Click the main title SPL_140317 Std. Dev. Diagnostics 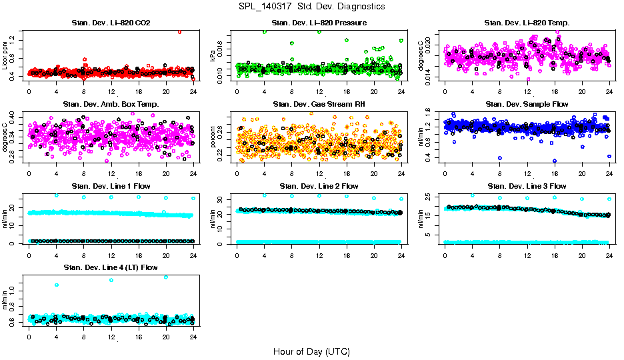[x=311, y=7]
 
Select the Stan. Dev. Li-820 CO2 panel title [x=111, y=23]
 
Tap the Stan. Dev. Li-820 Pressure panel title [x=319, y=23]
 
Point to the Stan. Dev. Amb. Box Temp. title [x=111, y=104]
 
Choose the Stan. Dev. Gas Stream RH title [x=319, y=104]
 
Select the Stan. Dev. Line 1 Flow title [x=111, y=186]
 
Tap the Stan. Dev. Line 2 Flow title [x=319, y=186]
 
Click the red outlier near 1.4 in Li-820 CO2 [x=179, y=31]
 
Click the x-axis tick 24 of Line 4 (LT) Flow [x=193, y=336]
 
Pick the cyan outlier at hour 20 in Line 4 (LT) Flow [x=165, y=277]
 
